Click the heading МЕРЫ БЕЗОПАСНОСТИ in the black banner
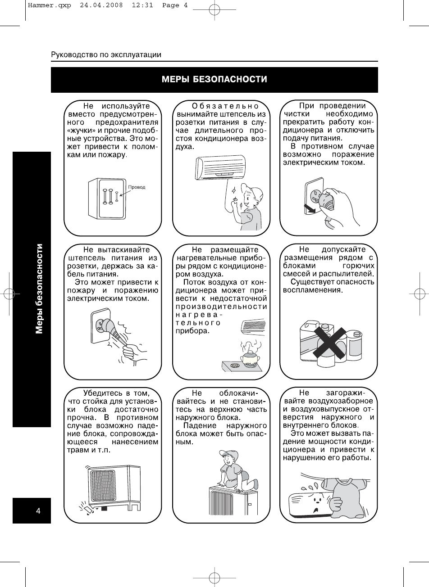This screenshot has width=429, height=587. point(214,80)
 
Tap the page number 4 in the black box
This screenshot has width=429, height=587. point(38,510)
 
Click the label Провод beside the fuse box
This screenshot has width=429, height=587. point(137,187)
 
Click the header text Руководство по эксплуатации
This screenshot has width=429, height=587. point(106,55)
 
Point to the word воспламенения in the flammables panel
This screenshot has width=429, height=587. point(313,290)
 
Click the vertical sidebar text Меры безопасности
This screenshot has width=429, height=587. point(40,289)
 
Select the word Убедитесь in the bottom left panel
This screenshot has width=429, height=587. point(103,393)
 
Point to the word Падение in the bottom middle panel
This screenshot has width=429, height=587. point(198,426)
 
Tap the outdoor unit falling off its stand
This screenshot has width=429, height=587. point(113,487)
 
